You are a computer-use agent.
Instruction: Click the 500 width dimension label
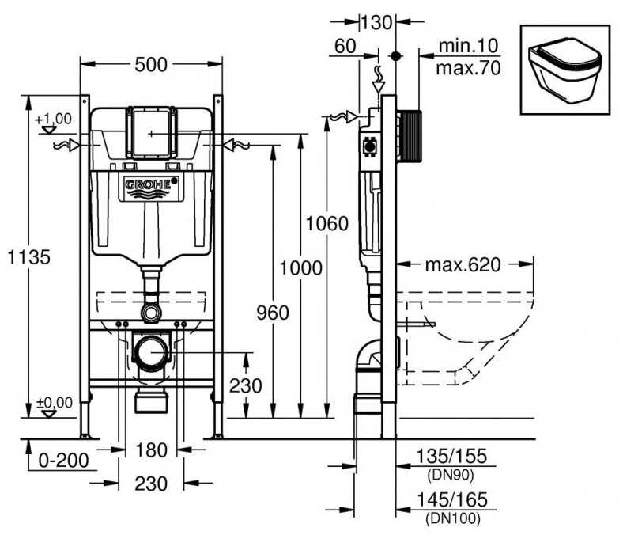pyautogui.click(x=151, y=64)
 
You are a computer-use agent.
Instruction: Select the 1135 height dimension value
pyautogui.click(x=29, y=256)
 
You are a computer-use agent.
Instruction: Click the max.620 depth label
pyautogui.click(x=463, y=264)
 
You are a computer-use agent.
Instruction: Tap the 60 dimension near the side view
pyautogui.click(x=345, y=47)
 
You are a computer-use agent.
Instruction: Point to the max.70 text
pyautogui.click(x=468, y=68)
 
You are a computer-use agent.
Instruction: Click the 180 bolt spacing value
pyautogui.click(x=151, y=450)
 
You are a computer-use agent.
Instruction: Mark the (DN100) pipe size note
pyautogui.click(x=452, y=518)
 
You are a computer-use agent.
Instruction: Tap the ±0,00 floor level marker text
pyautogui.click(x=54, y=403)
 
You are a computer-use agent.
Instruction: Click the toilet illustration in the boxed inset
pyautogui.click(x=564, y=70)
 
